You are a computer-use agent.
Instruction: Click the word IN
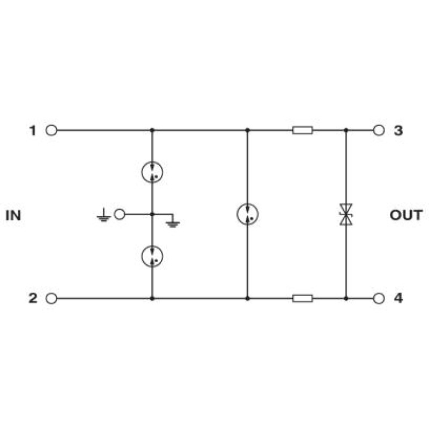pyautogui.click(x=13, y=216)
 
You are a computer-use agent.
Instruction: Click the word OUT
pyautogui.click(x=406, y=215)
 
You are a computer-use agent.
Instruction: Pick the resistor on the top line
pyautogui.click(x=302, y=130)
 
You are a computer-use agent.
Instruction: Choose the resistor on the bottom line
pyautogui.click(x=302, y=298)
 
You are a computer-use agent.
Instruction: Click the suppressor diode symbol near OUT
pyautogui.click(x=346, y=214)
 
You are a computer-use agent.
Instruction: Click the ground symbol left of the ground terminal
pyautogui.click(x=103, y=215)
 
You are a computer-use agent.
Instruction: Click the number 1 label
pyautogui.click(x=33, y=130)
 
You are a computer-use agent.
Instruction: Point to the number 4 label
pyautogui.click(x=398, y=298)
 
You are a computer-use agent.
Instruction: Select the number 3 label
pyautogui.click(x=398, y=130)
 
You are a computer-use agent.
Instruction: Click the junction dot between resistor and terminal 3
pyautogui.click(x=346, y=130)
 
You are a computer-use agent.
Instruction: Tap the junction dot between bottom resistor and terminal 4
pyautogui.click(x=346, y=298)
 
